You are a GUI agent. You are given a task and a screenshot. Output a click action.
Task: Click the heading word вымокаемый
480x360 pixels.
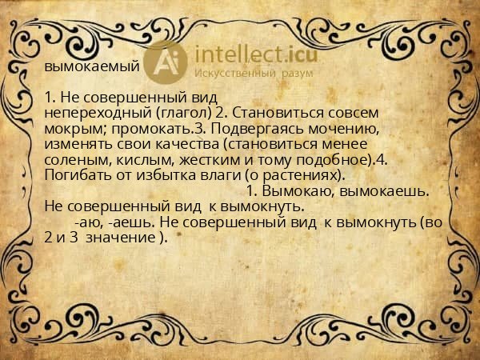pos(91,66)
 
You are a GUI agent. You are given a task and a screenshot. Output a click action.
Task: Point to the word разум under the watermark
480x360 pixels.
pos(296,74)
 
